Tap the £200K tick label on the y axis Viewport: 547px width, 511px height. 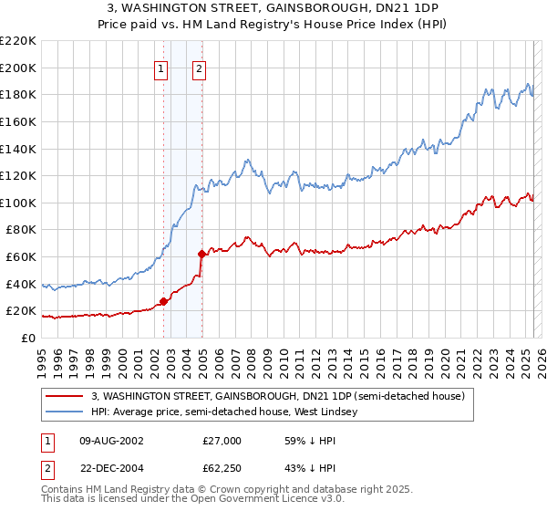point(18,68)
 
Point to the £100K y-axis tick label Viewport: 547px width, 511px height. point(18,203)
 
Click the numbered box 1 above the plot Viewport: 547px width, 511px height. point(161,68)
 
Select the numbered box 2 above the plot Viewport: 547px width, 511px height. point(199,68)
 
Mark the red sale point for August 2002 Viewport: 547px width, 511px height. point(164,301)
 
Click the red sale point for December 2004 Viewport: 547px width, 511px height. point(201,254)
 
